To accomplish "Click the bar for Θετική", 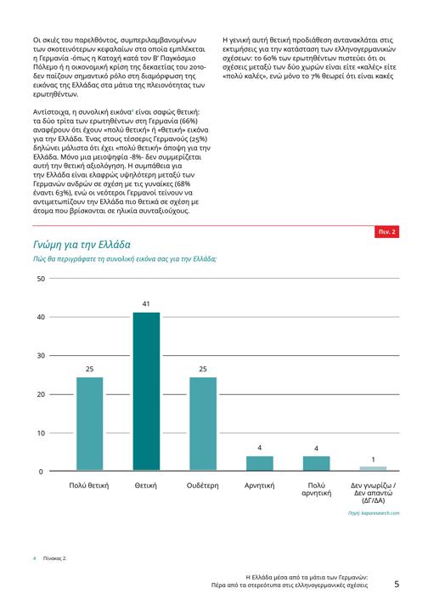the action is coord(146,391).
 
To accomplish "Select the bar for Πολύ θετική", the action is coord(89,424).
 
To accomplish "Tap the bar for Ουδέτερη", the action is coord(203,424).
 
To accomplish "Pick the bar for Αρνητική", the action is coord(260,463).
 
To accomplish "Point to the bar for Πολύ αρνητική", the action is coord(316,463).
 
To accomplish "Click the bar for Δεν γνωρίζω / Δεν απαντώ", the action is coord(373,468).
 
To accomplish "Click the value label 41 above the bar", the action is coord(146,304).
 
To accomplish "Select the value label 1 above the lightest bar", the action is coord(373,460).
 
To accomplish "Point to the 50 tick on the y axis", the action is coord(41,279).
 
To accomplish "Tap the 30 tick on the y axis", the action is coord(41,355).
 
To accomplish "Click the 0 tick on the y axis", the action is coord(41,472).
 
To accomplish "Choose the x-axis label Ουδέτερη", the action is coord(202,485).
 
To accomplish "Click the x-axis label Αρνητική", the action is coord(260,485).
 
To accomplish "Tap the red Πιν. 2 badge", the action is coord(386,232).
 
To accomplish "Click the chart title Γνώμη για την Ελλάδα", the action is coord(82,245).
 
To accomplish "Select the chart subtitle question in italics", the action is coord(125,259).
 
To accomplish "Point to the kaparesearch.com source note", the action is coord(374,513).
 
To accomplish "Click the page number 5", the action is coord(397,584).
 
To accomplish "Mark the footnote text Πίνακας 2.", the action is coord(54,558).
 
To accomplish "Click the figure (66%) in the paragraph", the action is coord(189,121).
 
